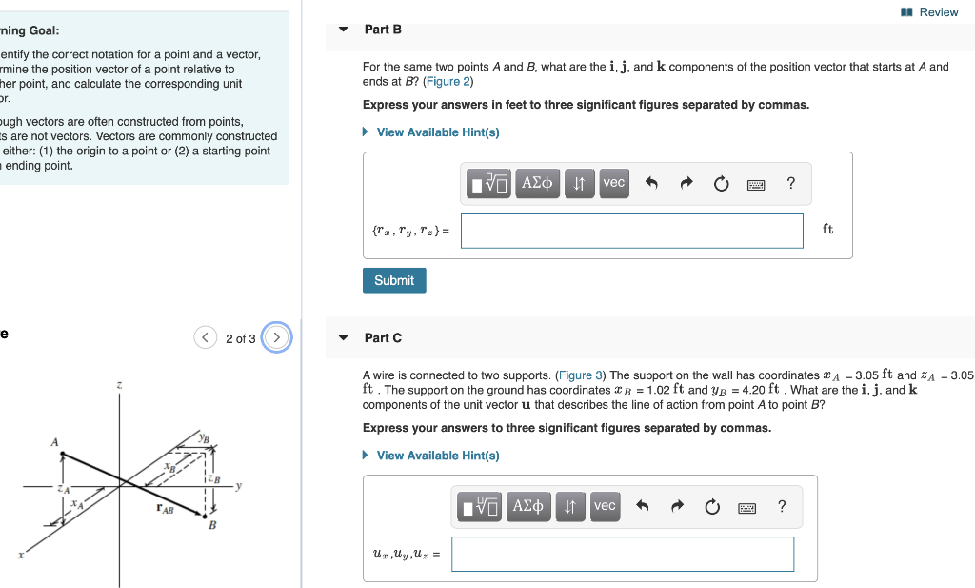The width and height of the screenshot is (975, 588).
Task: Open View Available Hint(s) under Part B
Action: [x=437, y=132]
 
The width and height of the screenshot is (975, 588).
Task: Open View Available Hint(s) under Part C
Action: [x=437, y=456]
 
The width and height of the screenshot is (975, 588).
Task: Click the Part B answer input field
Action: [x=631, y=231]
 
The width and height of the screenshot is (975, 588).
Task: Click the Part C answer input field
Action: [x=622, y=554]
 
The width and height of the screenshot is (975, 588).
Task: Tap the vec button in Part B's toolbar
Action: [x=614, y=183]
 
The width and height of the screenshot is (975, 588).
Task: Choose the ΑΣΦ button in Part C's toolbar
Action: [x=530, y=506]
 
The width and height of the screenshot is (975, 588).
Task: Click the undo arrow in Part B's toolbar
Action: [x=651, y=184]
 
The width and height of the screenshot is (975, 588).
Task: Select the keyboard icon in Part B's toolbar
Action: [x=756, y=184]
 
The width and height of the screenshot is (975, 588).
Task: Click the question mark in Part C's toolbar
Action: [x=782, y=506]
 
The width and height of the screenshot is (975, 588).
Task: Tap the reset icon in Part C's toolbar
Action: [x=712, y=507]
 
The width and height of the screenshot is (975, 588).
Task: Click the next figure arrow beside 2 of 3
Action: [x=276, y=338]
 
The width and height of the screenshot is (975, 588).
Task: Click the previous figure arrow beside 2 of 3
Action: [x=206, y=338]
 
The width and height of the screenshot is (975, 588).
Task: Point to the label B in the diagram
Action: [x=212, y=525]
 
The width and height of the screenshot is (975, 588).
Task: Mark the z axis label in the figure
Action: [x=119, y=385]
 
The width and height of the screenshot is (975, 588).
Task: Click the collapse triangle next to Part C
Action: [x=344, y=338]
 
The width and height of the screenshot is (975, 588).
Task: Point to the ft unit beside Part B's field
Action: [x=827, y=230]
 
